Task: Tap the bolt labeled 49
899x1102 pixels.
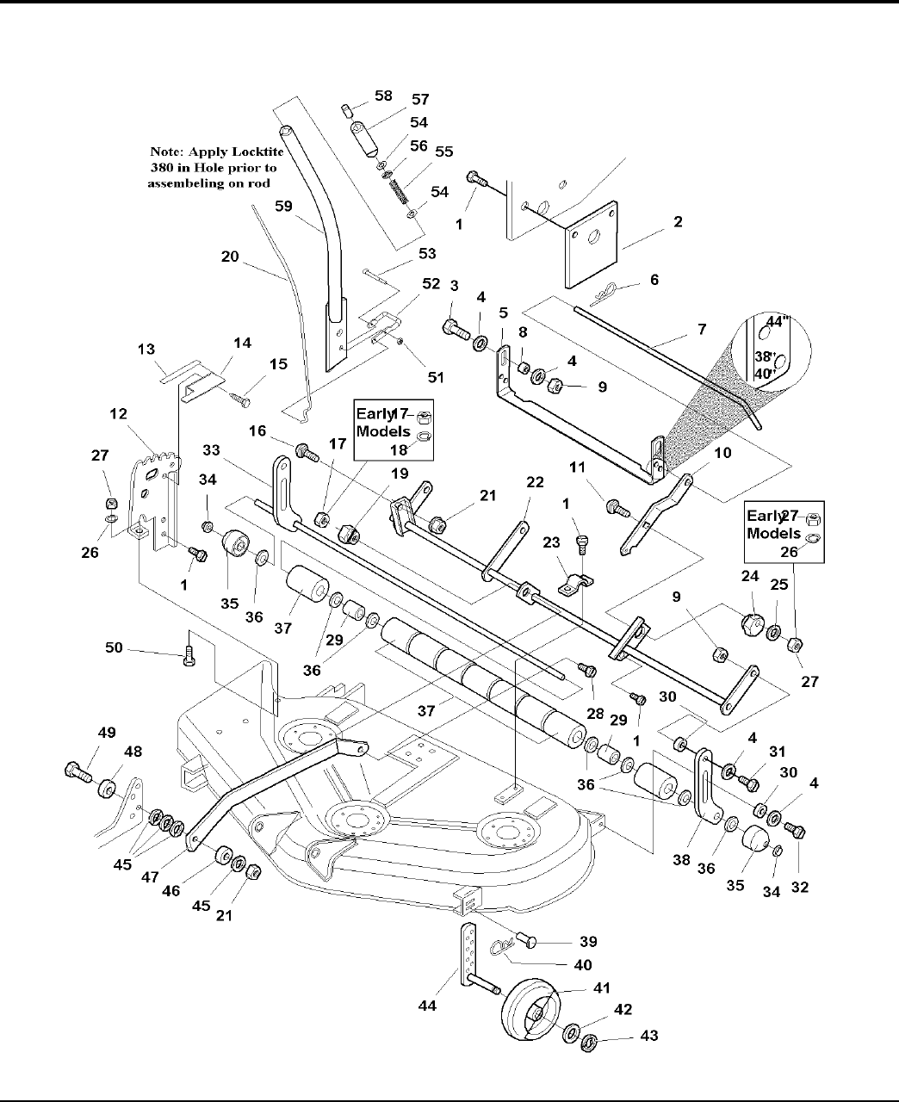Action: click(x=77, y=771)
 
